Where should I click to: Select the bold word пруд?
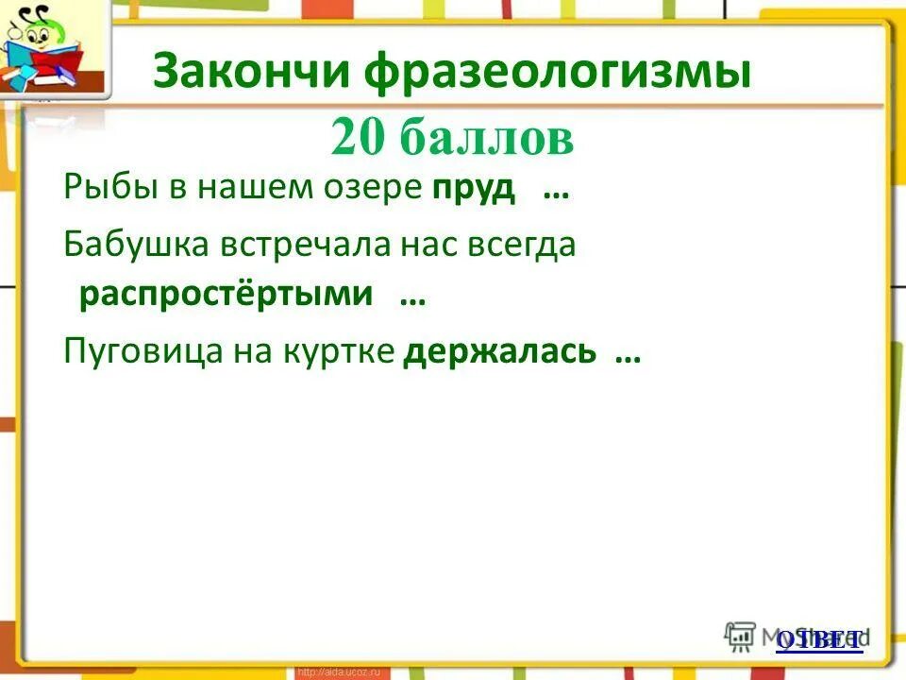pos(474,187)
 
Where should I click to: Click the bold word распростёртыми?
pos(226,295)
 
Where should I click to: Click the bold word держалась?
pos(500,351)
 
